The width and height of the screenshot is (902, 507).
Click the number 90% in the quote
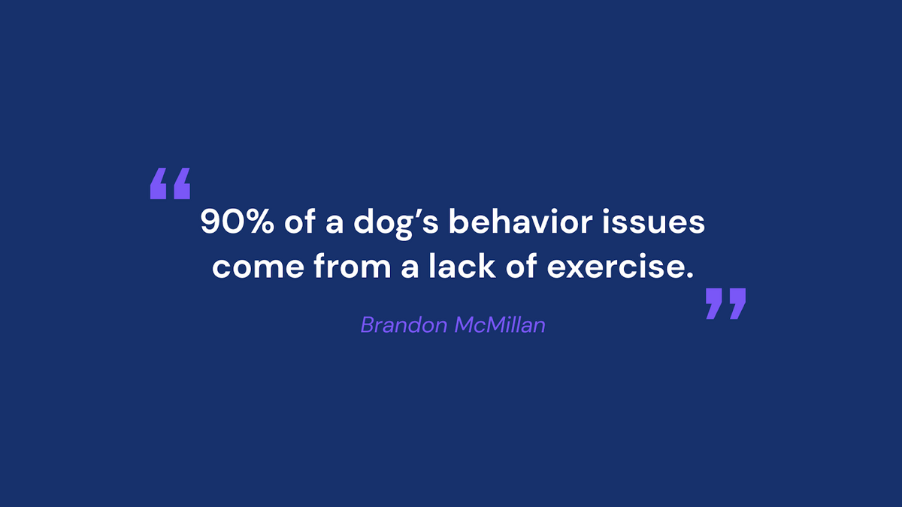pos(238,222)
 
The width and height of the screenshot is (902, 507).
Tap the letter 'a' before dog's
pos(334,224)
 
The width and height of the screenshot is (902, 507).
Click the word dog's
pos(396,223)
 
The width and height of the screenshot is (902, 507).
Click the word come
pos(258,268)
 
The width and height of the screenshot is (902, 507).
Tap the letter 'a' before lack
pos(410,268)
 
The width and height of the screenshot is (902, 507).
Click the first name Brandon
pos(404,324)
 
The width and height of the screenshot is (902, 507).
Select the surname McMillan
pos(500,324)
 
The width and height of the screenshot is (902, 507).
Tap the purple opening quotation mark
pos(171,183)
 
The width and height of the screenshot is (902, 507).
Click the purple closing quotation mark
pos(725,303)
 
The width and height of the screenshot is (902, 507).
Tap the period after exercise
pos(689,274)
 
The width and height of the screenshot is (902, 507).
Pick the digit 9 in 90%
pos(209,222)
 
